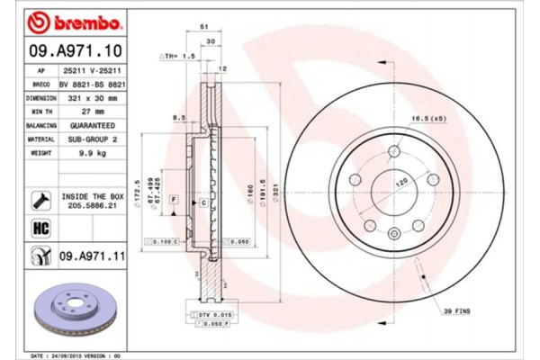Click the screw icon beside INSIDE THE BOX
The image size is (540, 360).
pyautogui.click(x=40, y=198)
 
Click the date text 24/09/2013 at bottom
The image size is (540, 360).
pyautogui.click(x=70, y=355)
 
